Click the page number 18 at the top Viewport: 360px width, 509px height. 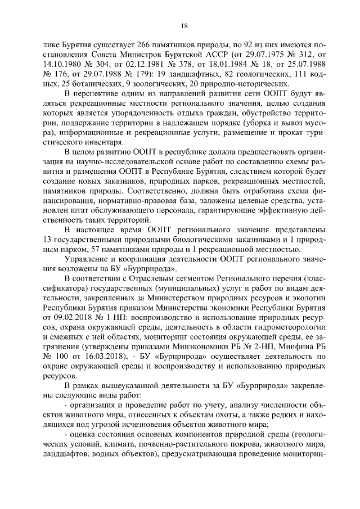[x=184, y=25]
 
